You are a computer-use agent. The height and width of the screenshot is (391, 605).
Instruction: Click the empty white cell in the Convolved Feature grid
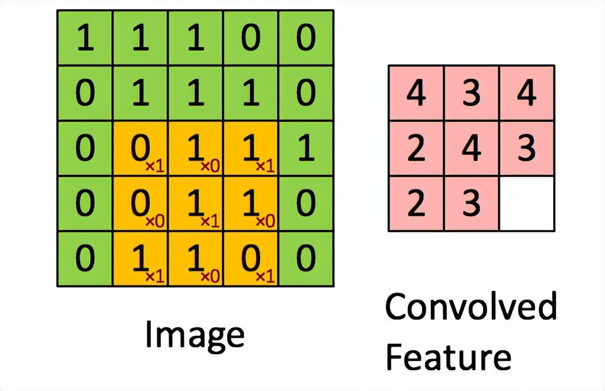coord(527,204)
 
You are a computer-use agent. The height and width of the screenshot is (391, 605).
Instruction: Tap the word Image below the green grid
coord(194,335)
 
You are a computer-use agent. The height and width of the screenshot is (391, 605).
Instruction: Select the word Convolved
coord(470,307)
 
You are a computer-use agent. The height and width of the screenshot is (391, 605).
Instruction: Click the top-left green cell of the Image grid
coord(85,39)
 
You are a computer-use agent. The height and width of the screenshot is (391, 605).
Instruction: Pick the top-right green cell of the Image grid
coord(306,39)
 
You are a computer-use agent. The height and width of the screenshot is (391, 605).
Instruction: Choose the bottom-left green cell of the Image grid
coord(85,259)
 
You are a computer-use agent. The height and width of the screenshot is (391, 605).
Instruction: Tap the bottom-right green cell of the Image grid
coord(306,259)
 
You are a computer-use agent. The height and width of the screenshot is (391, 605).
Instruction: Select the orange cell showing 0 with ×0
coord(140,204)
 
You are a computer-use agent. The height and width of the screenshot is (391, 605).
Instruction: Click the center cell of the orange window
coord(196,204)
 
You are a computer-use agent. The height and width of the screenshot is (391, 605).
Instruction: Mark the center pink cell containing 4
coord(472,148)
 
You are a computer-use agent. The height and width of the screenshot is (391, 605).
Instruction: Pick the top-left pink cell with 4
coord(416,94)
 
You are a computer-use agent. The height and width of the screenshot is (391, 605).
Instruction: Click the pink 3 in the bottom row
coord(472,204)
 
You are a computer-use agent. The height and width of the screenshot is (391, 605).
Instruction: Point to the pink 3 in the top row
coord(472,94)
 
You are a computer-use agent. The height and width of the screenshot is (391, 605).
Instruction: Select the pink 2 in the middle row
coord(416,148)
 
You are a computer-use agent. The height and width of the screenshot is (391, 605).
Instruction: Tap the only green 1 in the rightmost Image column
coord(306,148)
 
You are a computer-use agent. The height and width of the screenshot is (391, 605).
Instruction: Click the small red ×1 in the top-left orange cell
coord(154,166)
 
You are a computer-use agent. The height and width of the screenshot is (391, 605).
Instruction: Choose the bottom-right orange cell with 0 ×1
coord(251,259)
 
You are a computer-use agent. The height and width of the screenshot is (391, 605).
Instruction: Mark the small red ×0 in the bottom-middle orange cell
coord(210,277)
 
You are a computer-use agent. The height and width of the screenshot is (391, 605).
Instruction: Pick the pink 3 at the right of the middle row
coord(527,148)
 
